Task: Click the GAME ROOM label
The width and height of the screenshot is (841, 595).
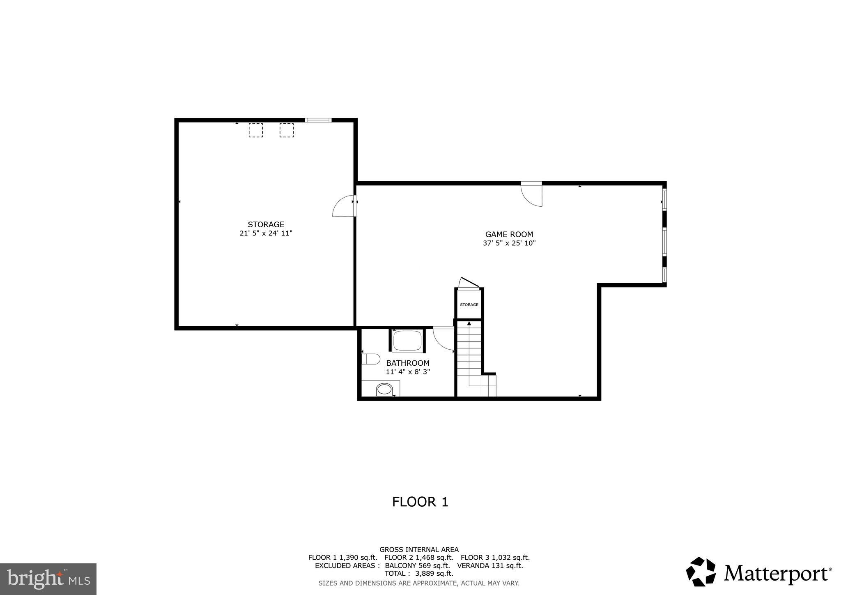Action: tap(509, 234)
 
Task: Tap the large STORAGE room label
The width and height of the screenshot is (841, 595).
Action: tap(266, 224)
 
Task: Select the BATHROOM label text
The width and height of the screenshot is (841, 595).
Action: tap(408, 363)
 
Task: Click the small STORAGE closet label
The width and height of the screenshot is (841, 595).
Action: tap(469, 304)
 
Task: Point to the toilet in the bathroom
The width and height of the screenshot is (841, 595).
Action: tap(371, 359)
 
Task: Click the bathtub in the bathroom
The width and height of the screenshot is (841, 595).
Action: tap(407, 341)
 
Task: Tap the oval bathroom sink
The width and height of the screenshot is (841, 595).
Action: tap(384, 389)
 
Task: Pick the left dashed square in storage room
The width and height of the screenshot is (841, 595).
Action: tap(255, 130)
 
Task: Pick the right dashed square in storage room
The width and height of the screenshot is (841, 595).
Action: tap(287, 130)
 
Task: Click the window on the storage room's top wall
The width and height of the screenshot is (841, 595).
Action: tap(318, 120)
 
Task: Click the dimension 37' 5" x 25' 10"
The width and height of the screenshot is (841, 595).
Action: tap(509, 243)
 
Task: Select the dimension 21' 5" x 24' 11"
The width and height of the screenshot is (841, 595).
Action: tap(266, 233)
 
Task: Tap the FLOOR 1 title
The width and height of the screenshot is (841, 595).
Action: tap(420, 502)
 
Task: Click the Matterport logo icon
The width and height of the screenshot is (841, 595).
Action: tap(701, 572)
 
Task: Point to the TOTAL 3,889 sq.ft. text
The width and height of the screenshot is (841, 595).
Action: tap(418, 573)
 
